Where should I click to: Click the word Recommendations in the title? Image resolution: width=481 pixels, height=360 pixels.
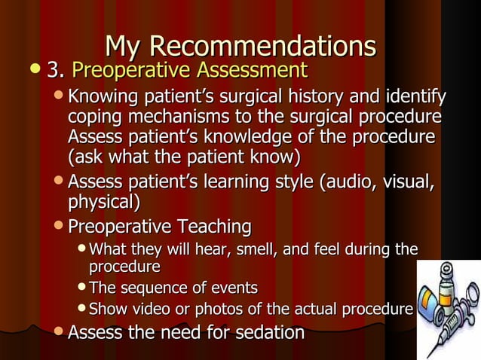[x=262, y=47]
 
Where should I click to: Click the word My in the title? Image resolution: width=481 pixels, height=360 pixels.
[x=124, y=47]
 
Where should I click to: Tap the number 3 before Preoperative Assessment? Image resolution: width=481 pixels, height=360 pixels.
[x=53, y=72]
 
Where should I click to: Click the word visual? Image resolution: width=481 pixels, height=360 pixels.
[x=411, y=182]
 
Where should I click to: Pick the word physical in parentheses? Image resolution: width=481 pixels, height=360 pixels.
[x=103, y=203]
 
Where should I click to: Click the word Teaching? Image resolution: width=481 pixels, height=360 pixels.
[x=214, y=227]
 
